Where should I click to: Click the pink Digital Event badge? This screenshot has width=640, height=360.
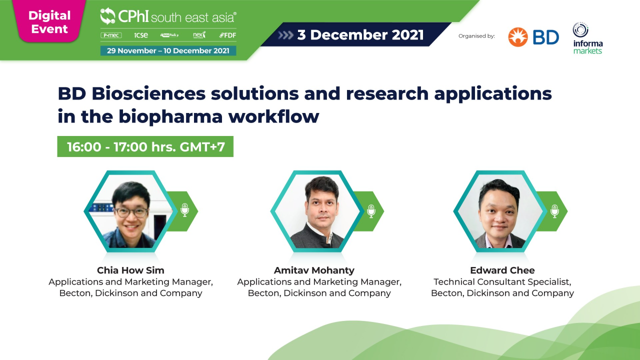tap(49, 22)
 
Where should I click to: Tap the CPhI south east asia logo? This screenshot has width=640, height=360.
tap(168, 16)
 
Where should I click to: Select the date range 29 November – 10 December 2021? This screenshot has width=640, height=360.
tap(168, 50)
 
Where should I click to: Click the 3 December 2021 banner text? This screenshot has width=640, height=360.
tap(360, 35)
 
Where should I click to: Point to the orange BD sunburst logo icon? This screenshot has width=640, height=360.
tap(518, 37)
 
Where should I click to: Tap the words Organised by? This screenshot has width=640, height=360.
tap(476, 36)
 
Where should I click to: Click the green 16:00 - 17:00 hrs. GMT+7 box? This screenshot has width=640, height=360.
tap(145, 146)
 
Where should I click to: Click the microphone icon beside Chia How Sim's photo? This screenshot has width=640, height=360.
tap(184, 210)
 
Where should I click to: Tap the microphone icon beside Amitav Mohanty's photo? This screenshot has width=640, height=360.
tap(371, 211)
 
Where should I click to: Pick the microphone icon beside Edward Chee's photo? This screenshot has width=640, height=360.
tap(554, 211)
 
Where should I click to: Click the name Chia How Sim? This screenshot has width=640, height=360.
tap(130, 270)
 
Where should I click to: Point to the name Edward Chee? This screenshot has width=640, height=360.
tap(502, 270)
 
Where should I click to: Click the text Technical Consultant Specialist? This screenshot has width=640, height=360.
tap(502, 282)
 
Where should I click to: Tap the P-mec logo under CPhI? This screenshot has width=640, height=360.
tap(111, 35)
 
